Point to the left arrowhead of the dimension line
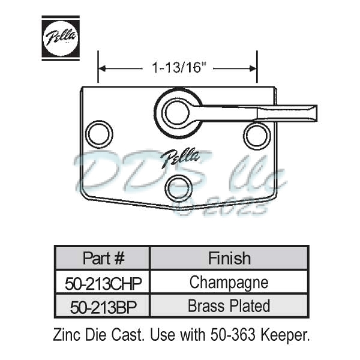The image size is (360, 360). pyautogui.click(x=102, y=68)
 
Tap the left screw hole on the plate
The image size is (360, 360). pyautogui.click(x=98, y=133)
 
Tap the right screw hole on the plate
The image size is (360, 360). pyautogui.click(x=257, y=134)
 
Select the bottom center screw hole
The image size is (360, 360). pyautogui.click(x=179, y=188)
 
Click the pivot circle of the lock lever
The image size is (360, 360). pyautogui.click(x=178, y=112)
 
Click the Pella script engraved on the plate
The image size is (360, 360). pyautogui.click(x=181, y=157)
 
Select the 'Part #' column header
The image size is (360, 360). pyautogui.click(x=103, y=258)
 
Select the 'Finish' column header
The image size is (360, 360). pyautogui.click(x=229, y=258)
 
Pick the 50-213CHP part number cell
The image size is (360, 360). pyautogui.click(x=103, y=282)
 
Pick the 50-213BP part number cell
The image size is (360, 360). pyautogui.click(x=103, y=306)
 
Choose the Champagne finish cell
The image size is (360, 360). pyautogui.click(x=229, y=281)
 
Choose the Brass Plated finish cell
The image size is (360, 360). pyautogui.click(x=229, y=306)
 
